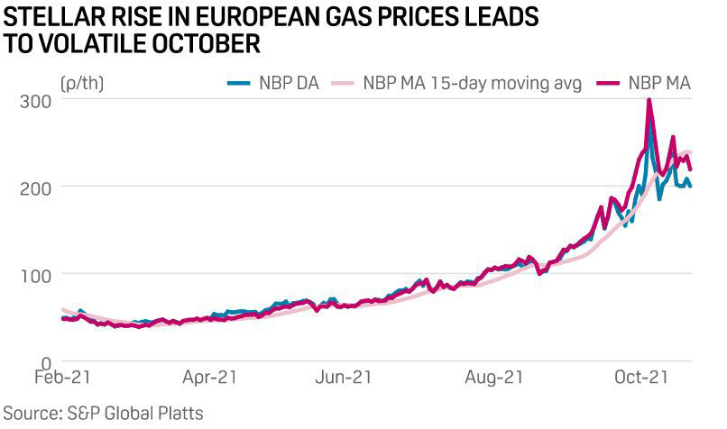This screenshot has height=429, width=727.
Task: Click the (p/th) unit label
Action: pyautogui.click(x=83, y=83)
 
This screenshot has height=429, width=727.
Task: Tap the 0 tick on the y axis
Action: pyautogui.click(x=44, y=361)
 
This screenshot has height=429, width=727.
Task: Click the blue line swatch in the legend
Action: pyautogui.click(x=237, y=83)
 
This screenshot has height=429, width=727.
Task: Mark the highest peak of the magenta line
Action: pyautogui.click(x=649, y=100)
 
